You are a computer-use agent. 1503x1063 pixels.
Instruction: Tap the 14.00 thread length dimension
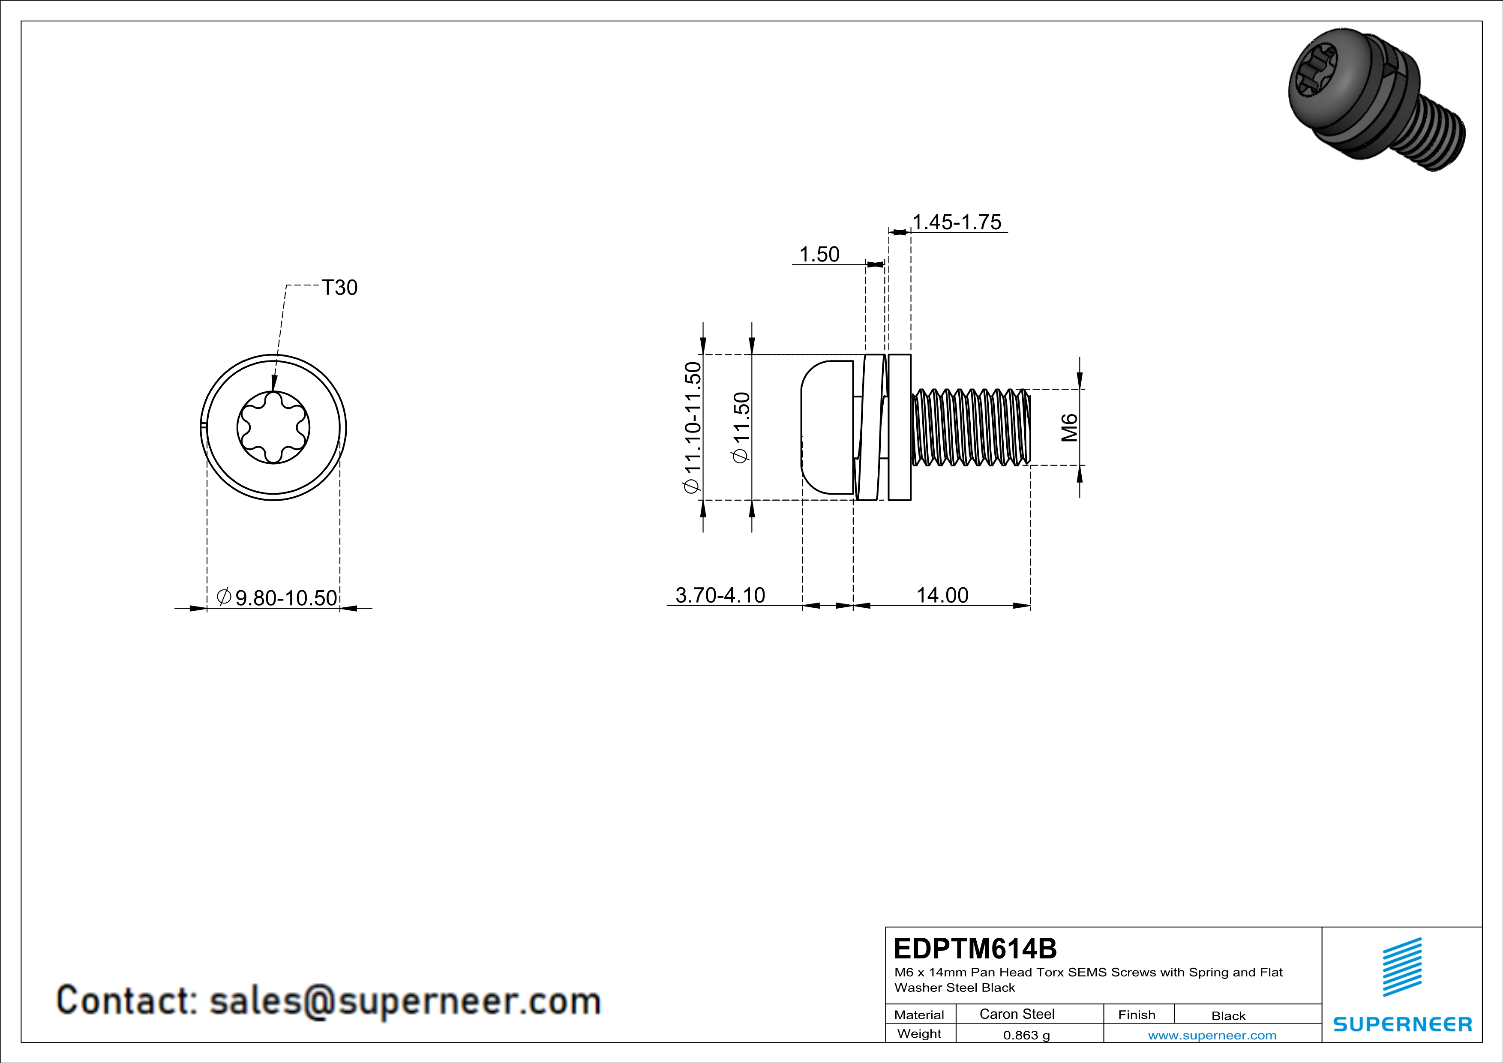pos(942,595)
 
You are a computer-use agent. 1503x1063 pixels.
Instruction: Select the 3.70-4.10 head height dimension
pos(720,595)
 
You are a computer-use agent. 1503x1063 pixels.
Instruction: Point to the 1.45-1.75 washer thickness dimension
pos(957,222)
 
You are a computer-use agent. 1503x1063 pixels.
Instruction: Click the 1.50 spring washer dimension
pos(819,254)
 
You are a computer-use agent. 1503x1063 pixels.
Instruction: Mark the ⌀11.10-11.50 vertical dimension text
pos(693,427)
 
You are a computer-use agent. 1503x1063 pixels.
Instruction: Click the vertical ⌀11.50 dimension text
pos(742,427)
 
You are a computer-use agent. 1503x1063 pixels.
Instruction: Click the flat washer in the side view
pos(900,427)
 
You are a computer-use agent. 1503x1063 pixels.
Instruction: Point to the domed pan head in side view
pos(826,427)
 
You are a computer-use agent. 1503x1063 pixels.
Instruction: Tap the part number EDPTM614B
pos(975,949)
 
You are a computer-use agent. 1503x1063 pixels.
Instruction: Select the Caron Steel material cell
pos(1017,1014)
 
